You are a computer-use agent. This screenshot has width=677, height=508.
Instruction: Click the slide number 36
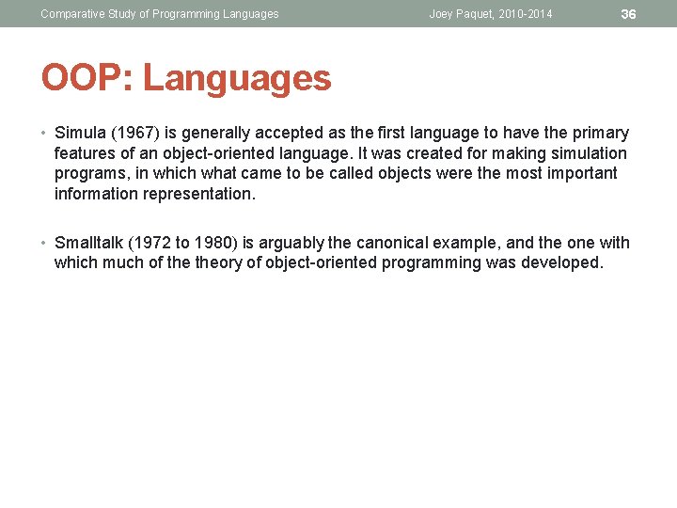tap(629, 14)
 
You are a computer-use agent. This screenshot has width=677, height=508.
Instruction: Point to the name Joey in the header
tap(443, 14)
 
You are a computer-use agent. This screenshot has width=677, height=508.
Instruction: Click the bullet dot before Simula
tap(45, 133)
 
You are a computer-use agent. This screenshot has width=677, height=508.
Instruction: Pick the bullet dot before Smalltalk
tap(45, 243)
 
